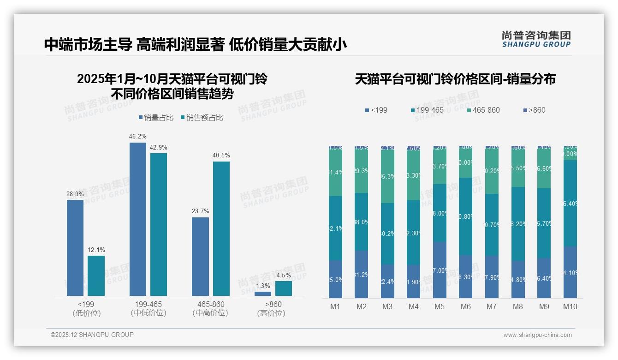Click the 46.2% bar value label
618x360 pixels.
pyautogui.click(x=138, y=137)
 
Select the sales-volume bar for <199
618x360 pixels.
pyautogui.click(x=75, y=248)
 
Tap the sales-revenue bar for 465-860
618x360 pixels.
pyautogui.click(x=221, y=228)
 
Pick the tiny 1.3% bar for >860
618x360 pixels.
pyautogui.click(x=263, y=294)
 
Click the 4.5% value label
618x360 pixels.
pyautogui.click(x=284, y=275)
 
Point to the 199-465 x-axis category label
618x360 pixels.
pyautogui.click(x=149, y=305)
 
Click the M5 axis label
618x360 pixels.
pyautogui.click(x=440, y=306)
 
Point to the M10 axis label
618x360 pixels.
pyautogui.click(x=570, y=306)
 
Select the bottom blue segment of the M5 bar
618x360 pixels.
pyautogui.click(x=440, y=270)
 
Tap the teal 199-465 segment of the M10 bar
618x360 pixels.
pyautogui.click(x=570, y=203)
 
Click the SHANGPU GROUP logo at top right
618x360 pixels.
pyautogui.click(x=536, y=39)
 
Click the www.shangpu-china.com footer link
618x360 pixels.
pyautogui.click(x=537, y=335)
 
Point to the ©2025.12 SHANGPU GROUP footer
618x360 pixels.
pyautogui.click(x=92, y=335)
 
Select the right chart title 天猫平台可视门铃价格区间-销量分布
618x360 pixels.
pyautogui.click(x=455, y=79)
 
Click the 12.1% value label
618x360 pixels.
pyautogui.click(x=96, y=250)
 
